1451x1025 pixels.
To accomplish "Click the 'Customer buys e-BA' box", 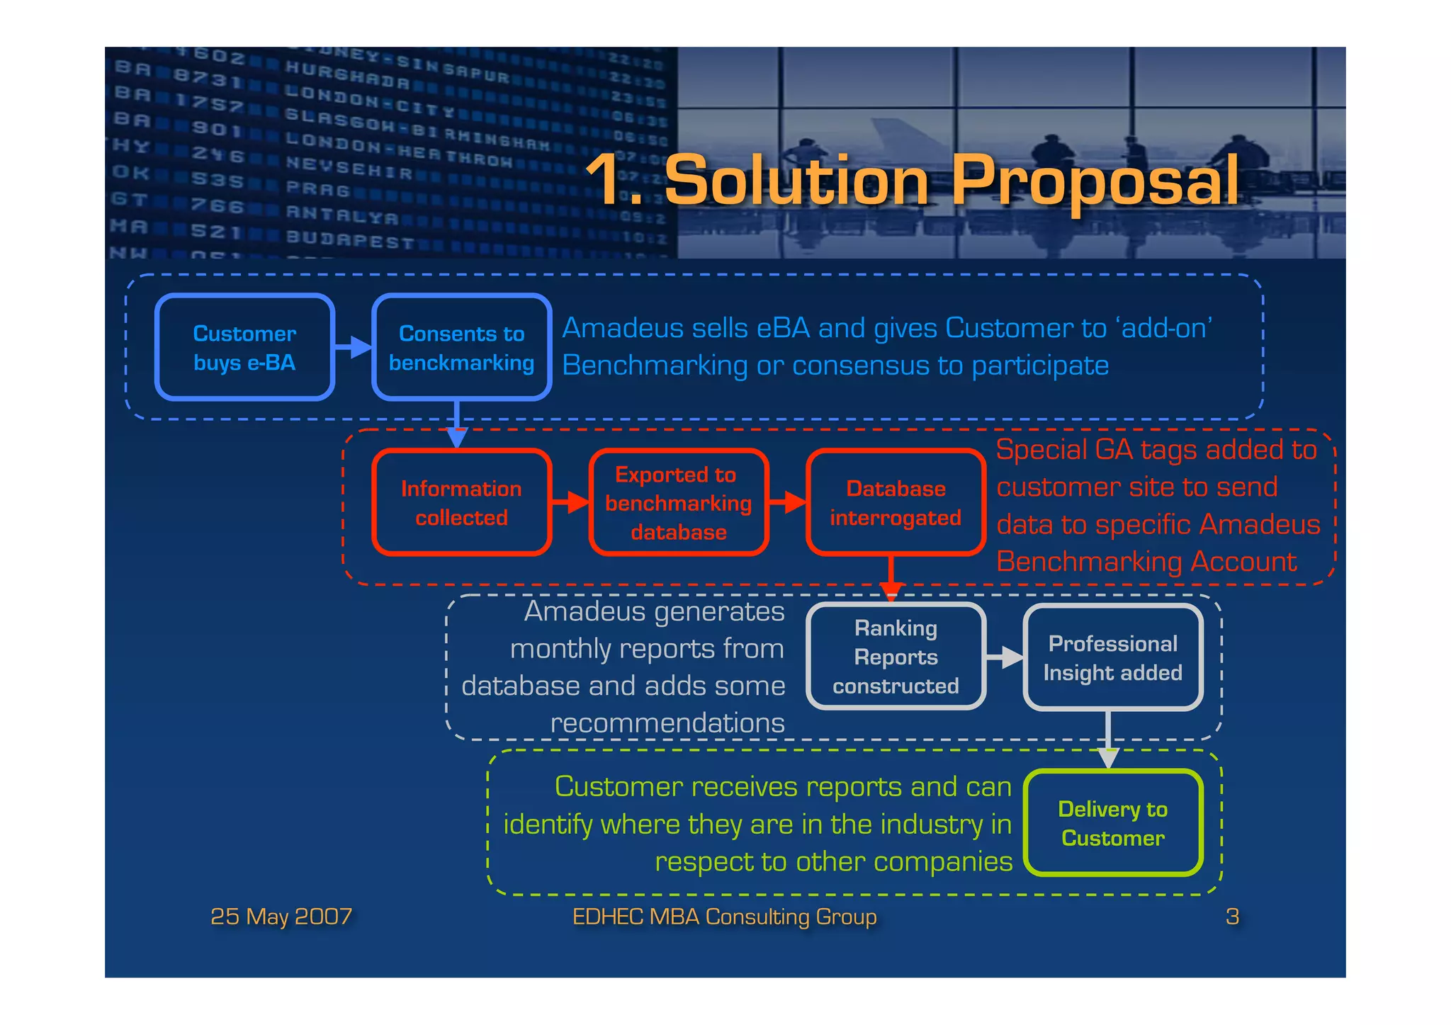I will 244,347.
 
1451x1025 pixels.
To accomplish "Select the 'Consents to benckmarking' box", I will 461,347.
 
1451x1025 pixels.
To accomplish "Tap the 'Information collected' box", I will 461,502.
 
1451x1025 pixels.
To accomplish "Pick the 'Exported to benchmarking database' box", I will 678,502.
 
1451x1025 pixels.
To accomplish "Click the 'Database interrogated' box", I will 896,502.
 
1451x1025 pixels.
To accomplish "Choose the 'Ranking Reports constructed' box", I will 896,657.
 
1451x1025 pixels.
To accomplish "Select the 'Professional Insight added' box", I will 1112,657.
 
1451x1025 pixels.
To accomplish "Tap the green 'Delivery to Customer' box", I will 1112,823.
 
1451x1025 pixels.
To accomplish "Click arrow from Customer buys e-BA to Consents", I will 354,347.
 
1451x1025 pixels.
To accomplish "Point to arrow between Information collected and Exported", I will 570,502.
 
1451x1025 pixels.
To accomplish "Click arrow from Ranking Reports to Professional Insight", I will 1005,657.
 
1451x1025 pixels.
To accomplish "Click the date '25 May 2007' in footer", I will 281,917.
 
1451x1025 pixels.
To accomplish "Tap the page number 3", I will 1232,917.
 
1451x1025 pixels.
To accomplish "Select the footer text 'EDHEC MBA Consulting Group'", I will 724,917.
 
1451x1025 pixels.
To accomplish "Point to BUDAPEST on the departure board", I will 350,239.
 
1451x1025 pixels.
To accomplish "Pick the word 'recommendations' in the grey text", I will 667,723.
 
